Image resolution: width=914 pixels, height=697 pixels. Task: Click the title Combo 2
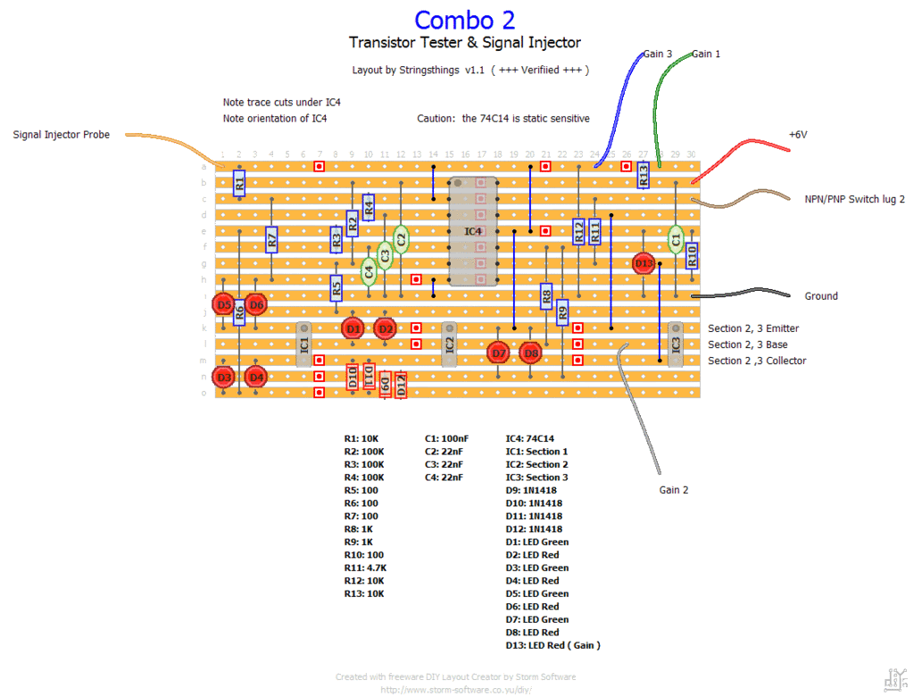[x=464, y=20]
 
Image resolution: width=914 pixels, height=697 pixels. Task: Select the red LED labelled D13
[x=644, y=263]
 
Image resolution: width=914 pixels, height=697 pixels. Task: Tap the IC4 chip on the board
[x=473, y=231]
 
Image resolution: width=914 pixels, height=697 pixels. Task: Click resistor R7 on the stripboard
[x=272, y=238]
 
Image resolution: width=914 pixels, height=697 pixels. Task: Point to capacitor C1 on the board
[x=677, y=238]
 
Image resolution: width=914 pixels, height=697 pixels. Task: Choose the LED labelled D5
[x=224, y=304]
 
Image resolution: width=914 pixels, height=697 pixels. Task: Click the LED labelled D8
[x=531, y=353]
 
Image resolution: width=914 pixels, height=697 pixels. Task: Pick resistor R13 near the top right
[x=644, y=176]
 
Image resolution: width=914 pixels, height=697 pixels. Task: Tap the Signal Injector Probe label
[x=62, y=135]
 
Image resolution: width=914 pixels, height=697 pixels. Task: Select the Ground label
[x=821, y=295]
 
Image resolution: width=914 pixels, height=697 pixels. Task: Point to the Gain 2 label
[x=674, y=490]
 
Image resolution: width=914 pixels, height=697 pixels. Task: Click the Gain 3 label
[x=658, y=54]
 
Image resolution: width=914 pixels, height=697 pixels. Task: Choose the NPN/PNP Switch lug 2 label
[x=854, y=199]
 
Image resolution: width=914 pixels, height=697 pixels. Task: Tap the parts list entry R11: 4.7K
[x=366, y=568]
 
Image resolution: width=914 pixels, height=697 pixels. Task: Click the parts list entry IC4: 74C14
[x=530, y=438]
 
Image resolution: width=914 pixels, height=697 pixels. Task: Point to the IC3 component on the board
[x=676, y=344]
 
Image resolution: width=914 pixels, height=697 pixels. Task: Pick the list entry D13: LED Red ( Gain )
[x=553, y=645]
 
